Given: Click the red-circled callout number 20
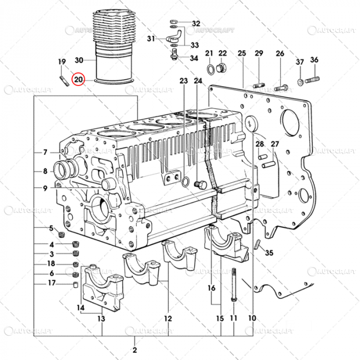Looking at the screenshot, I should click(79, 80).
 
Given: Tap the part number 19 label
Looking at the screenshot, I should click(62, 62).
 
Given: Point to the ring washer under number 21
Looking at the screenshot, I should click(211, 69).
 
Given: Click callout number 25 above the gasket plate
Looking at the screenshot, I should click(242, 53).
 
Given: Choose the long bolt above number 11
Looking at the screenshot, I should click(234, 285).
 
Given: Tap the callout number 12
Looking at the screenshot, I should click(168, 318).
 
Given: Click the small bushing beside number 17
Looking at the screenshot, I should click(74, 283).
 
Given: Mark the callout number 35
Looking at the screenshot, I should click(269, 253).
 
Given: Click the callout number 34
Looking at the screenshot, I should click(193, 58).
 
